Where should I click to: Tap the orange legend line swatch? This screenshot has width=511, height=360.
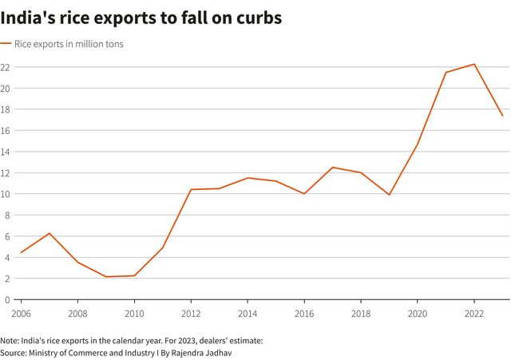click(6, 44)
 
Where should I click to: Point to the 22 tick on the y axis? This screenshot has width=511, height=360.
click(5, 67)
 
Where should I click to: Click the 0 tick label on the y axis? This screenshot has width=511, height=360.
click(6, 299)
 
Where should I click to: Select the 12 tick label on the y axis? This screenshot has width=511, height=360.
click(5, 173)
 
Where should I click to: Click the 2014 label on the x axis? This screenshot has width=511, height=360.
click(248, 312)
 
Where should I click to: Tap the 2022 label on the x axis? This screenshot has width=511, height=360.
click(474, 312)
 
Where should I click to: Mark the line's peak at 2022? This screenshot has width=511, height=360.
click(474, 64)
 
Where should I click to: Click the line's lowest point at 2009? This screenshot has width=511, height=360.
click(105, 277)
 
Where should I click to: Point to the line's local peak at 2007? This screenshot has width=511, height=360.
click(49, 233)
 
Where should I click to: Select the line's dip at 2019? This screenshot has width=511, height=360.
click(389, 195)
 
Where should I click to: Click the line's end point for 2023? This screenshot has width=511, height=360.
click(502, 116)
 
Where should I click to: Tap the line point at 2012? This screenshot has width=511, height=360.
click(191, 189)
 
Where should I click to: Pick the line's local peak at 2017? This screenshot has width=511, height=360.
click(332, 168)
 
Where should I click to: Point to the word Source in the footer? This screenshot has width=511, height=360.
click(14, 351)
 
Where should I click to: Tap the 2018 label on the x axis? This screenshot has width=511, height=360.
click(361, 312)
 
